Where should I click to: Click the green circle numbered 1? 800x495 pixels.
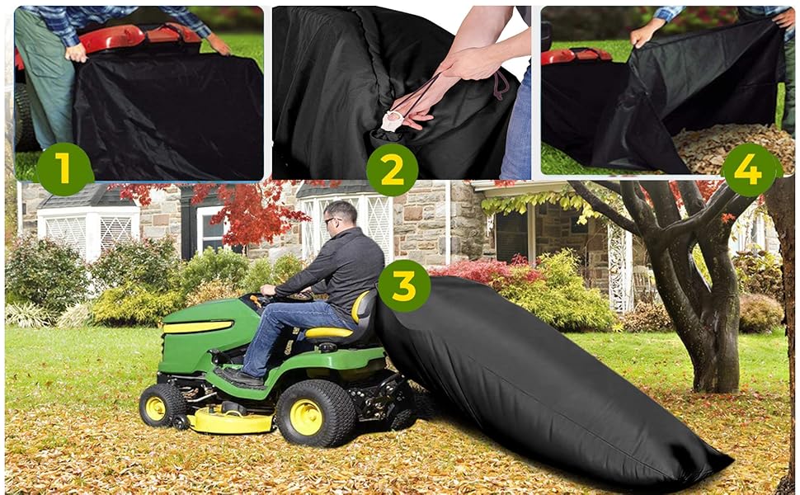pos(64,168)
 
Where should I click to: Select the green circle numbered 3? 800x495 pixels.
pos(403,285)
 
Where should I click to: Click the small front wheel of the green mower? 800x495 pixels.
pos(162,405)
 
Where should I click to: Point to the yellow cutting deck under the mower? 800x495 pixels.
pos(231,422)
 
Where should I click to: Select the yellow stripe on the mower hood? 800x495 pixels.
pos(197,327)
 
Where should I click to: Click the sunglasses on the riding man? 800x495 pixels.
pos(330,219)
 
